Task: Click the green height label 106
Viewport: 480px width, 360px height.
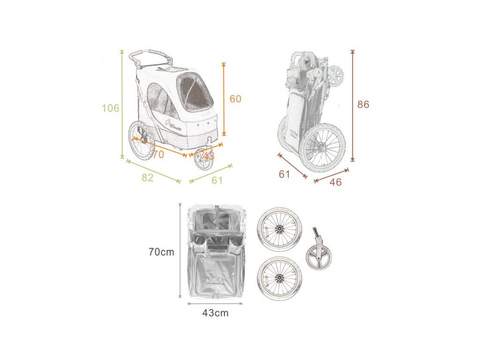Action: [x=111, y=108]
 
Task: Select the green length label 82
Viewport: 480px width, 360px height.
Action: [x=147, y=178]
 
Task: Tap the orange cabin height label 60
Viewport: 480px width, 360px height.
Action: [x=235, y=99]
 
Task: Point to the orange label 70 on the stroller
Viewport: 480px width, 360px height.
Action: [x=158, y=154]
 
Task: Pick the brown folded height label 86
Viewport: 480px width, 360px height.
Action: [x=363, y=105]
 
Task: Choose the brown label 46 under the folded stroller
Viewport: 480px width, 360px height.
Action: [x=335, y=182]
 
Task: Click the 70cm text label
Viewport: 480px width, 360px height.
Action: [x=161, y=252]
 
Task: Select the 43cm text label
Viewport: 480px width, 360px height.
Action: [x=216, y=313]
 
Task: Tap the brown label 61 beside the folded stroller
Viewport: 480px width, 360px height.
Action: [x=285, y=174]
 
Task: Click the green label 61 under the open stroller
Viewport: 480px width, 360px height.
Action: [x=217, y=180]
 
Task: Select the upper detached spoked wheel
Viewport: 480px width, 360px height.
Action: [x=279, y=229]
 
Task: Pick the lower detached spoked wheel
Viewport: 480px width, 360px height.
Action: [x=279, y=278]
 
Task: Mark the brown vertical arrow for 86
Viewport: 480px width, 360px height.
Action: [x=352, y=105]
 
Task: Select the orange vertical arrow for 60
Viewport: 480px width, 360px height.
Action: [x=224, y=99]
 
